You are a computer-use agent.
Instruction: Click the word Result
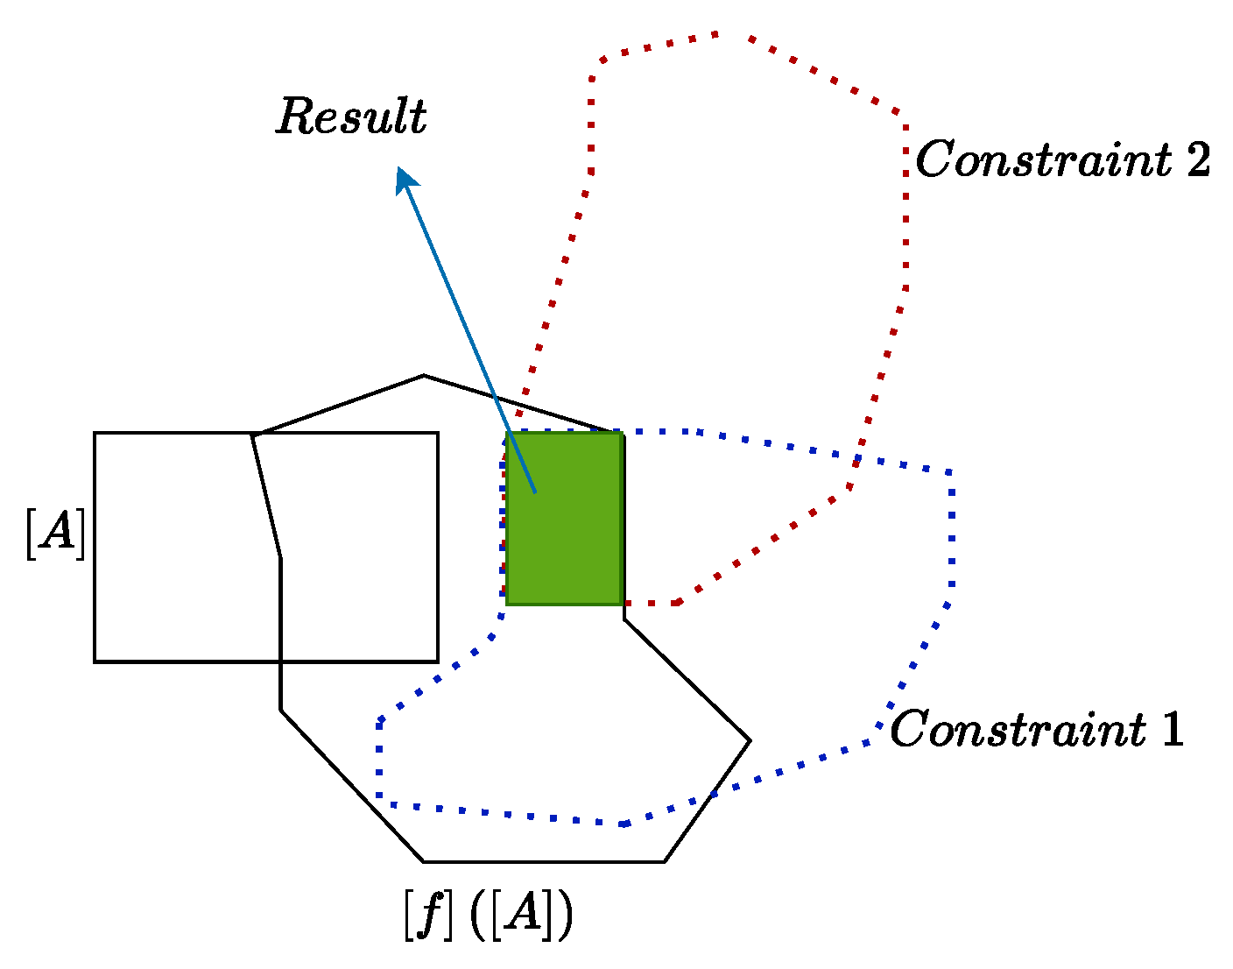(x=351, y=117)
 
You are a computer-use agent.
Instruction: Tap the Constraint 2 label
(x=1062, y=160)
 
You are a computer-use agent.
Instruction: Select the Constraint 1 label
(x=1036, y=729)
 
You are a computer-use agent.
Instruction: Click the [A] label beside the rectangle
(x=55, y=533)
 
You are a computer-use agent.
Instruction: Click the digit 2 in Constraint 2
(x=1197, y=160)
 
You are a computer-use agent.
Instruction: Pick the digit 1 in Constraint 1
(x=1172, y=729)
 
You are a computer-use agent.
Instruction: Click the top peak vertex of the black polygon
(x=424, y=376)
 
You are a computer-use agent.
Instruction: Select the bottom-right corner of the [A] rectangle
(x=437, y=661)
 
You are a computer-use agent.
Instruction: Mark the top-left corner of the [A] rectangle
(x=95, y=433)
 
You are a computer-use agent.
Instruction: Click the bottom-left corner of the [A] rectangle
(x=95, y=661)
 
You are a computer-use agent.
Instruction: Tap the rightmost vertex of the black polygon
(x=750, y=741)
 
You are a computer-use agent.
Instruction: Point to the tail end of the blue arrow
(x=534, y=492)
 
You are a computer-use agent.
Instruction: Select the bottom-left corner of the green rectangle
(x=508, y=603)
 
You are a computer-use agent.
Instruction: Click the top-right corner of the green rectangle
(x=622, y=433)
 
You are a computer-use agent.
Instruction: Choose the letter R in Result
(x=295, y=116)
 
